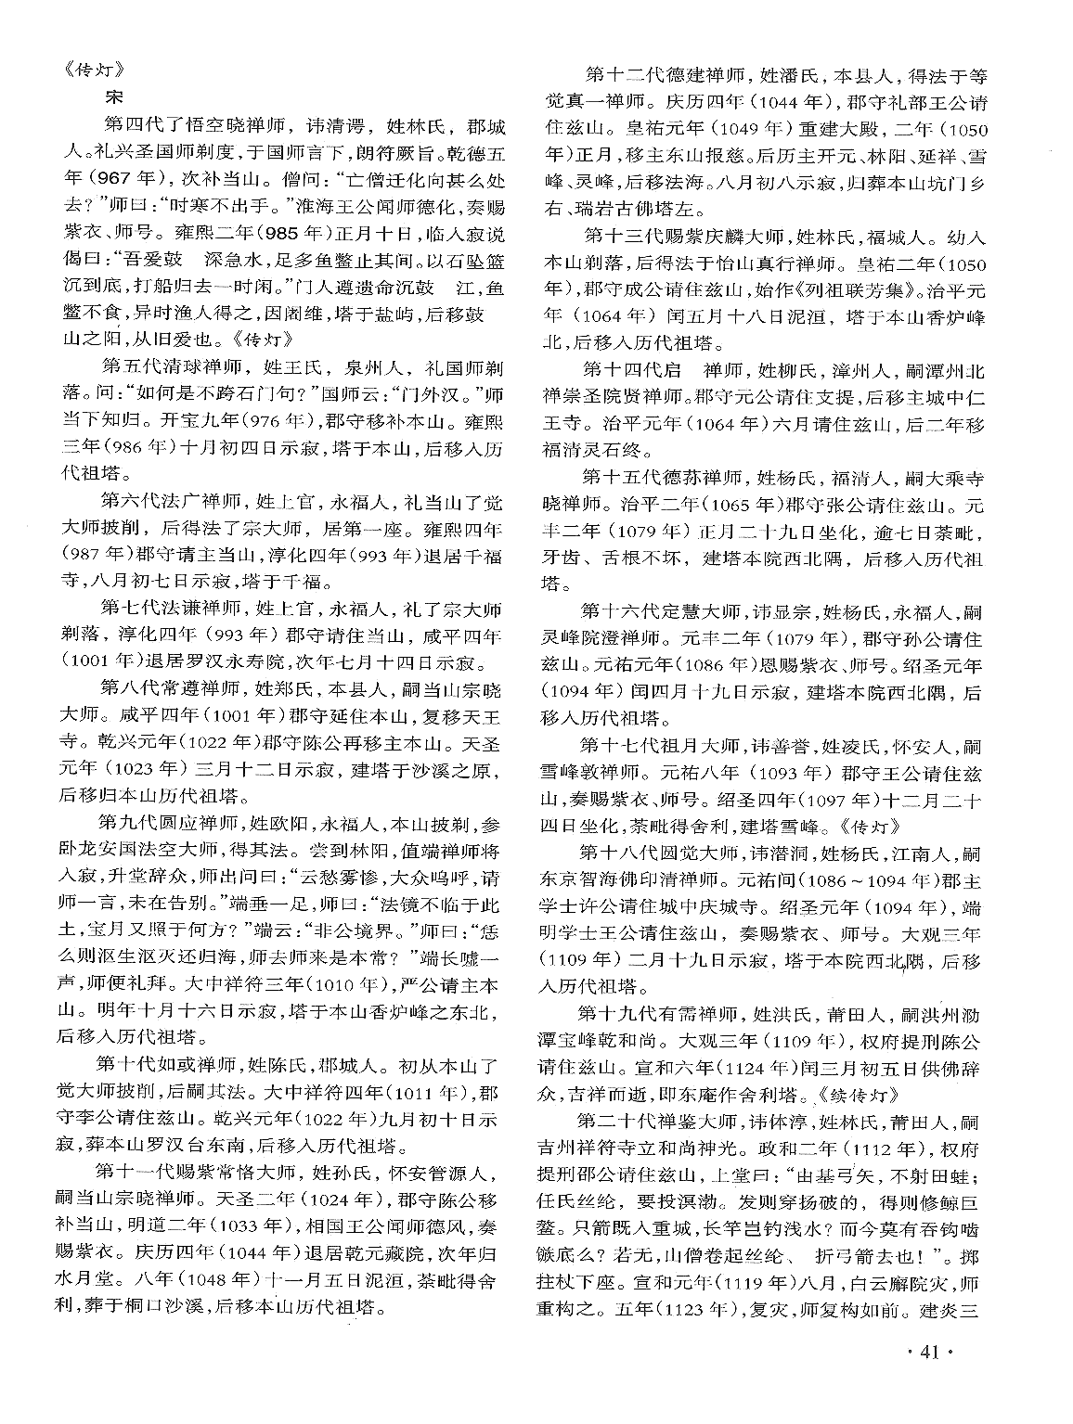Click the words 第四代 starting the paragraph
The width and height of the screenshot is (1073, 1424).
click(132, 124)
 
